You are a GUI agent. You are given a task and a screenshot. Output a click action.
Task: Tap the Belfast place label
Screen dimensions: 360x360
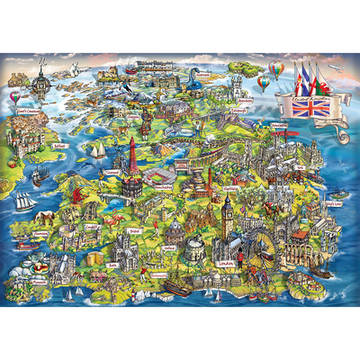click(x=62, y=141)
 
